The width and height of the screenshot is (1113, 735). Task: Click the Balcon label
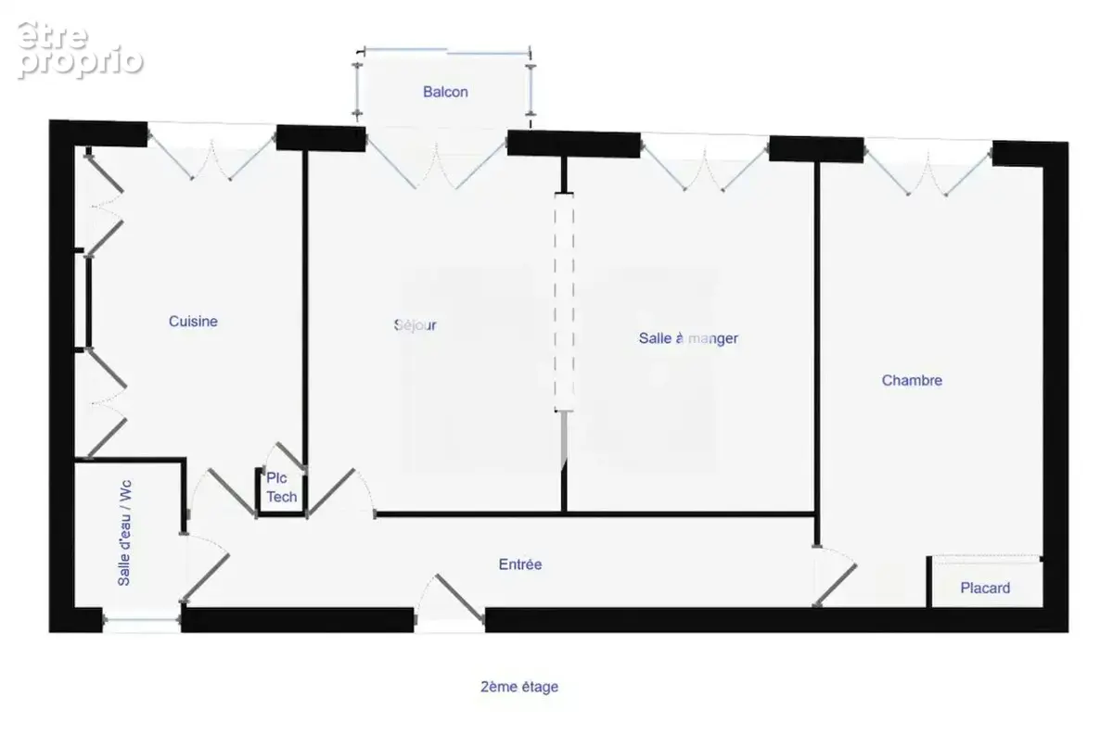[x=445, y=92]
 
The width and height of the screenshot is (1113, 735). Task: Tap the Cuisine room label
[x=193, y=322]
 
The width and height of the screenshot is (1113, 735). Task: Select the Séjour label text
[x=415, y=325]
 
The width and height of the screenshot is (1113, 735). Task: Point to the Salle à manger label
[x=688, y=338]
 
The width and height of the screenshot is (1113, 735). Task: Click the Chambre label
[x=912, y=380]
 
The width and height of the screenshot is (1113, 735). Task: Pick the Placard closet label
[x=985, y=588]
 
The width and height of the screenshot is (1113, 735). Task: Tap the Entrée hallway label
[x=520, y=564]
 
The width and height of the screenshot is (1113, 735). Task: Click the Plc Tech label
[x=282, y=488]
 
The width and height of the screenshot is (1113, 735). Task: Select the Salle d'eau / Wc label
[x=123, y=533]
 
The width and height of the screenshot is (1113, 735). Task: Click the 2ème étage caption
[x=519, y=687]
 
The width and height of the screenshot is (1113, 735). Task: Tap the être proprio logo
[x=80, y=50]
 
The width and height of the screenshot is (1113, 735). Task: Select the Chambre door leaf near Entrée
[x=835, y=585]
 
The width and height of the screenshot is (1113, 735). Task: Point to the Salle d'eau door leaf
[x=205, y=578]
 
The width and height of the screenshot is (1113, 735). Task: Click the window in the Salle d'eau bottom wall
[x=142, y=620]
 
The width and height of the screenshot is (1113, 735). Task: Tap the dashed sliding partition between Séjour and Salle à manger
[x=564, y=302]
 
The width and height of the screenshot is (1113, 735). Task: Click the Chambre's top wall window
[x=927, y=168]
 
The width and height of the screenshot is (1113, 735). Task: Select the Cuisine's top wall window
[x=211, y=151]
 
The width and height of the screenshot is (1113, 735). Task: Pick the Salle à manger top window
[x=704, y=162]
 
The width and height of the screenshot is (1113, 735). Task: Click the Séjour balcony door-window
[x=436, y=158]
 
